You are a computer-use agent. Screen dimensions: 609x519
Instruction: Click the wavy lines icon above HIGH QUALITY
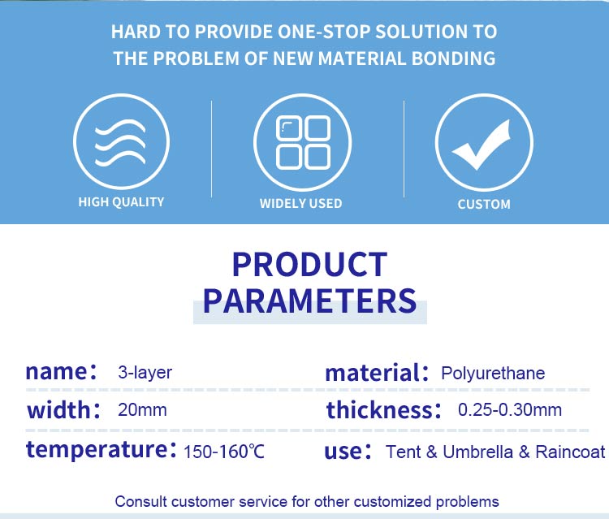121,143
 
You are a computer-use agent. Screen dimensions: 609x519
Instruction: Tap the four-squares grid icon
303,142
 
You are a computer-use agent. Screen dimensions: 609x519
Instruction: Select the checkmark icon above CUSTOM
482,145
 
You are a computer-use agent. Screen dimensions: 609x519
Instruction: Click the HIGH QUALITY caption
121,202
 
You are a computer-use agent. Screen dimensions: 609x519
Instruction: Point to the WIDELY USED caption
301,203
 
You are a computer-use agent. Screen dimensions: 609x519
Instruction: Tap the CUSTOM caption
484,205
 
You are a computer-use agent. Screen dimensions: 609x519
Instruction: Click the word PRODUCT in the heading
309,265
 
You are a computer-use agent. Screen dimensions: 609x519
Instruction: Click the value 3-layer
145,373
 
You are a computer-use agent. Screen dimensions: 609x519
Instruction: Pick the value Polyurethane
493,374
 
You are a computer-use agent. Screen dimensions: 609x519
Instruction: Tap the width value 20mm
142,410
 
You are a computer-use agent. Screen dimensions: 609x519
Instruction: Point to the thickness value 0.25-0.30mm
510,410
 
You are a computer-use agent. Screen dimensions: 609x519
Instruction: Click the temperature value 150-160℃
224,452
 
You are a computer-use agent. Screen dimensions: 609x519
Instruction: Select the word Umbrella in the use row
477,452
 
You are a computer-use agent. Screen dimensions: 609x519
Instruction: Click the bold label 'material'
372,373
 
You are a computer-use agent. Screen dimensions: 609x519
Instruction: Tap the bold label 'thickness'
378,410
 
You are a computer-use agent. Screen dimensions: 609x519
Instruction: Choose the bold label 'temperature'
97,450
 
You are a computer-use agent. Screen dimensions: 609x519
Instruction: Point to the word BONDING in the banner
453,58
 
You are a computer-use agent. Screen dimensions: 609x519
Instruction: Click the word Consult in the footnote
140,501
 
